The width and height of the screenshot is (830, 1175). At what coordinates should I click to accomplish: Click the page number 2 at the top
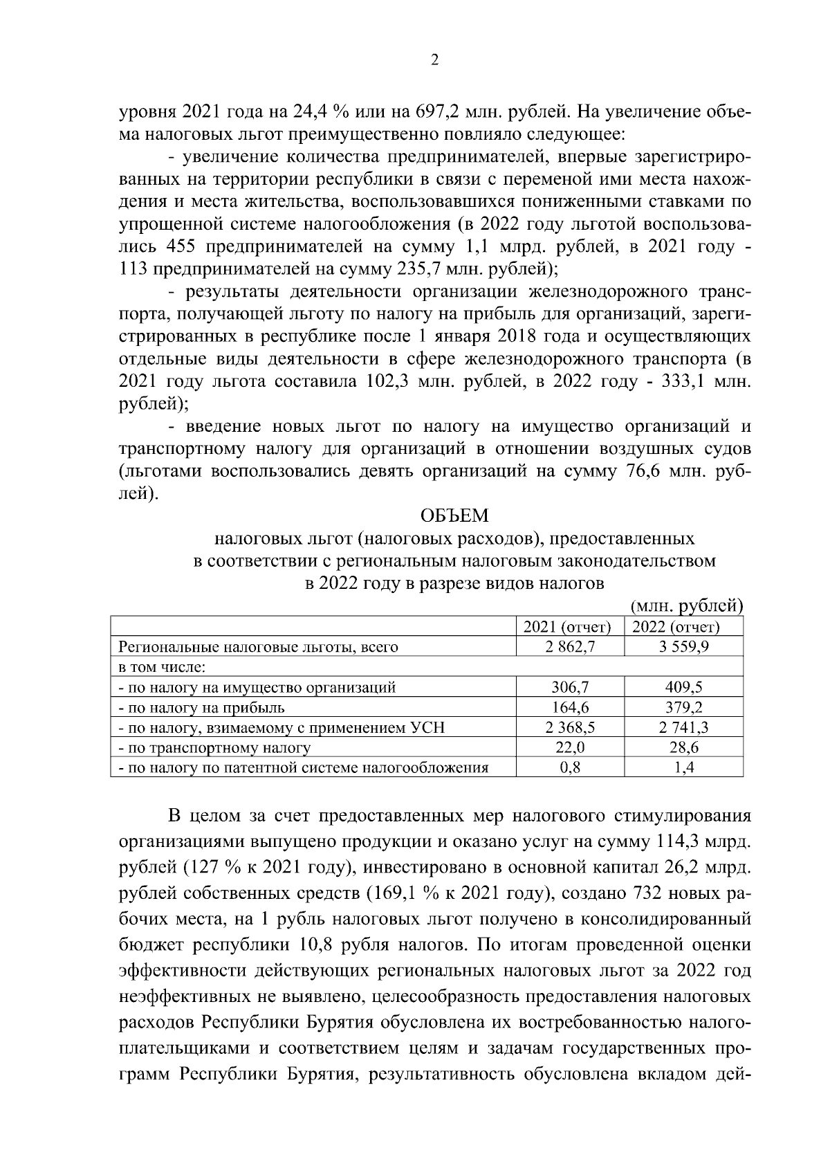pos(434,61)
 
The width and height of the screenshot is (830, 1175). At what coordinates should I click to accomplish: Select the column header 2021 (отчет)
pos(569,627)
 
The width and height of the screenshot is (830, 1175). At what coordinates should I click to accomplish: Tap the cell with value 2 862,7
pos(569,647)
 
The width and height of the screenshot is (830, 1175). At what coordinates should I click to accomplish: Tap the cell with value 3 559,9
pos(683,647)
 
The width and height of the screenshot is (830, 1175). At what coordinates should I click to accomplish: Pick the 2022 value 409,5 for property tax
pos(683,687)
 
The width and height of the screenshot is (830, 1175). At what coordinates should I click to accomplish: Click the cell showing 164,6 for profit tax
pos(569,707)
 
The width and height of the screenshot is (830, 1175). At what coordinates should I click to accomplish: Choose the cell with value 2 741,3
pos(683,727)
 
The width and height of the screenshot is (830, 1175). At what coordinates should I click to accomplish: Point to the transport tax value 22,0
pos(569,747)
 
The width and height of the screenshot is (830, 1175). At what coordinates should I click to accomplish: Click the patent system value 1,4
pos(683,767)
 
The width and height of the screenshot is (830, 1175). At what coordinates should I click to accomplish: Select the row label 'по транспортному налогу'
pos(214,747)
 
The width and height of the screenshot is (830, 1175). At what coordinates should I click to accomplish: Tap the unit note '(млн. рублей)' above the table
pos(687,605)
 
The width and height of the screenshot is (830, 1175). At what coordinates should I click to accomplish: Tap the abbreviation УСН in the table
pos(427,727)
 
